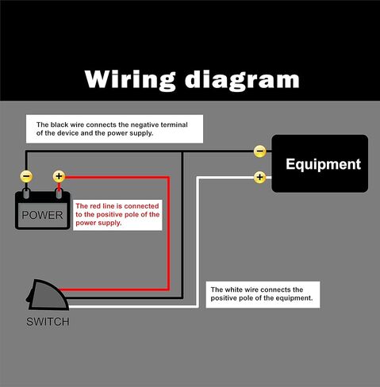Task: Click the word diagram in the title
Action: (242, 80)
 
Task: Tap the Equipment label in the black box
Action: (323, 165)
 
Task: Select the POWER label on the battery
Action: (42, 215)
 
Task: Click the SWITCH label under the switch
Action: (48, 322)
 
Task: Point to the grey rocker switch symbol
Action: (47, 295)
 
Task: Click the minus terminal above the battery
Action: (26, 176)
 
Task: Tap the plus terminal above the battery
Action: (59, 176)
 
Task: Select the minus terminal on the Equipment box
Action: (260, 151)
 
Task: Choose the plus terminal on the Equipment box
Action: (260, 178)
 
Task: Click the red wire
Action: (168, 232)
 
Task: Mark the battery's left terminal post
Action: (26, 193)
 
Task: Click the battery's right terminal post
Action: (59, 193)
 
